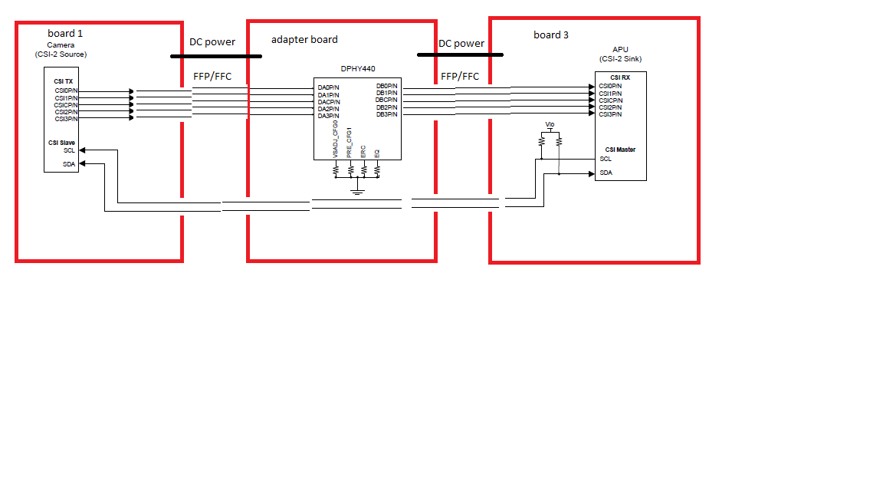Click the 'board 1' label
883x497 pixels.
66,33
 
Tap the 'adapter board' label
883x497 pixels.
304,39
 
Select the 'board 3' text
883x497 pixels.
551,35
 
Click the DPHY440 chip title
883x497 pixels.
358,69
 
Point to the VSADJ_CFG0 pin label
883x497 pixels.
336,139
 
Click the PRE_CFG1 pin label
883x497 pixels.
350,142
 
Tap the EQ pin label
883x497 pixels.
376,153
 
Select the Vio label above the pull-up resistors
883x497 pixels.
550,124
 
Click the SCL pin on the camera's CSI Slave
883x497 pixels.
69,150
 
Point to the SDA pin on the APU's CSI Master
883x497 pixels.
606,173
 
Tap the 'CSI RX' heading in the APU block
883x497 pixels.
620,77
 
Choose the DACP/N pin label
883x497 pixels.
329,102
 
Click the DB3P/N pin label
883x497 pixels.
386,114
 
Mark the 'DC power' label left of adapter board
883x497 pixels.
212,42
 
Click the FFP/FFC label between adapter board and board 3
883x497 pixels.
460,76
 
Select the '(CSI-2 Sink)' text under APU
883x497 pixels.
620,59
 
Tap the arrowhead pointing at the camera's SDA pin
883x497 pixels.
83,163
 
